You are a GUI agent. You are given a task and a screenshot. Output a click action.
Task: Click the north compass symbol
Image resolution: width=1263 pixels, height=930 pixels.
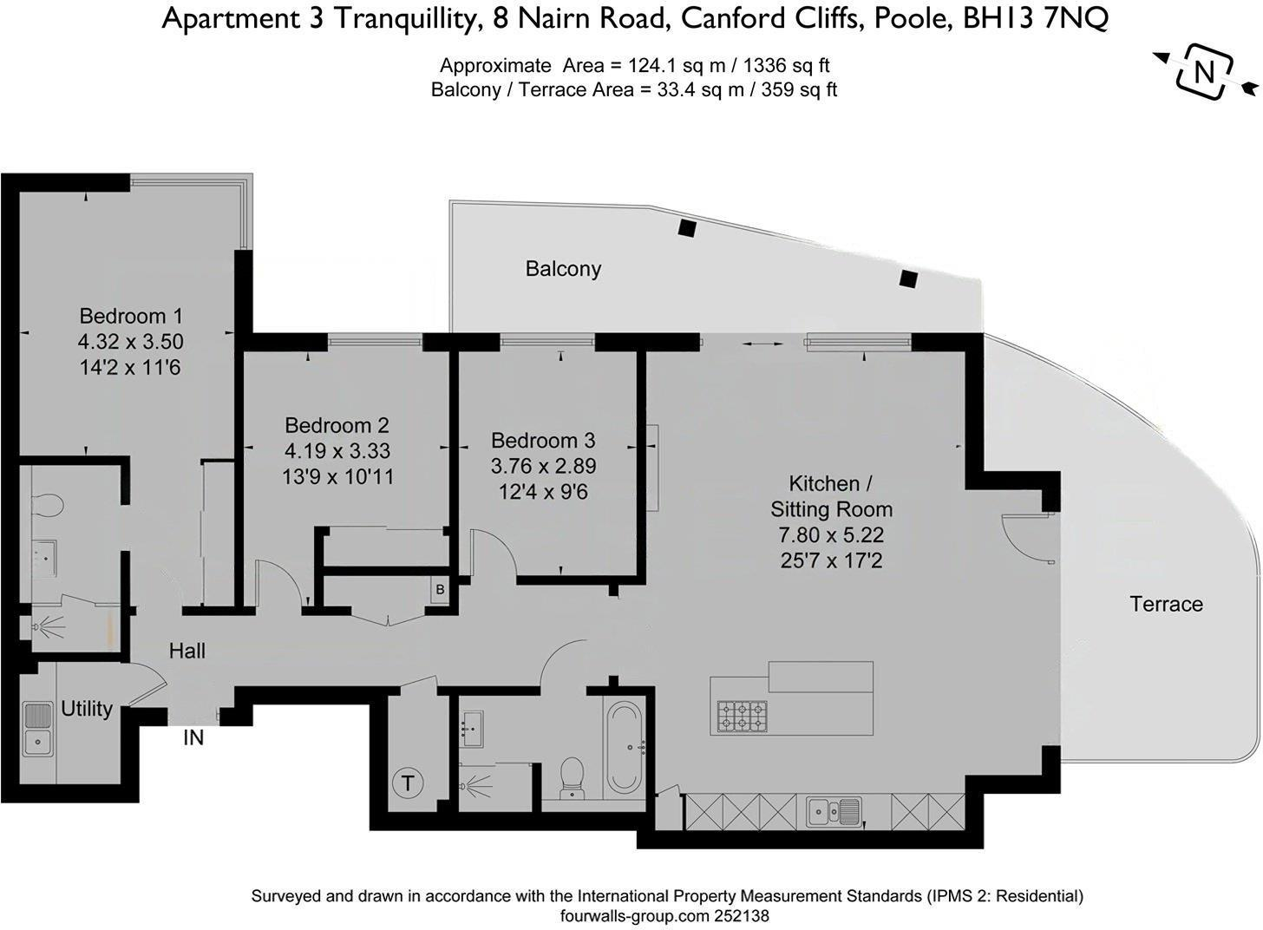pyautogui.click(x=1205, y=72)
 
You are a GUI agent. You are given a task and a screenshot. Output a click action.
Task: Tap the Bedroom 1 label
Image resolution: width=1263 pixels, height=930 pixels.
pyautogui.click(x=131, y=316)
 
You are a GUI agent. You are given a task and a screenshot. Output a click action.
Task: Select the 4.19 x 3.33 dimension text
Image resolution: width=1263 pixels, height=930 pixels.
pyautogui.click(x=337, y=451)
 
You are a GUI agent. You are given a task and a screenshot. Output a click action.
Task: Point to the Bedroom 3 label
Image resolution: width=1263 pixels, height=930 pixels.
pyautogui.click(x=543, y=441)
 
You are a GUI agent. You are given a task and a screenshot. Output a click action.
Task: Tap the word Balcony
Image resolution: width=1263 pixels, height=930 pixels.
pyautogui.click(x=563, y=269)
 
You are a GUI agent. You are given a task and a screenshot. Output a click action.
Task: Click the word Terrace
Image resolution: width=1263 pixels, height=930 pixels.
pyautogui.click(x=1166, y=604)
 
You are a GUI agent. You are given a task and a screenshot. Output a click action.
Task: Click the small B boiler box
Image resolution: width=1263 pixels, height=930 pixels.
pyautogui.click(x=441, y=590)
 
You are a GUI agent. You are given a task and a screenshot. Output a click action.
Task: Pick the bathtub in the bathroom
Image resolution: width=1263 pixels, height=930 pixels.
pyautogui.click(x=623, y=748)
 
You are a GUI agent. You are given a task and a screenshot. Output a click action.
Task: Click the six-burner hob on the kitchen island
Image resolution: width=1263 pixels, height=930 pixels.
pyautogui.click(x=742, y=716)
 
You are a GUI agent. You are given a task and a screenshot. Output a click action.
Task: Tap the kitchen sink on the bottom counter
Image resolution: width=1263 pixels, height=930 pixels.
pyautogui.click(x=834, y=812)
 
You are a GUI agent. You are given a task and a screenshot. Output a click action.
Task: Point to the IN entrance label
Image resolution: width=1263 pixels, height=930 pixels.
pyautogui.click(x=193, y=738)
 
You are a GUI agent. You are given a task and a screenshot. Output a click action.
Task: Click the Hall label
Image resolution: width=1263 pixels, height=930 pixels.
pyautogui.click(x=187, y=651)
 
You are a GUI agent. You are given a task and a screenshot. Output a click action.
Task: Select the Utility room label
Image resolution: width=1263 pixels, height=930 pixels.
pyautogui.click(x=86, y=709)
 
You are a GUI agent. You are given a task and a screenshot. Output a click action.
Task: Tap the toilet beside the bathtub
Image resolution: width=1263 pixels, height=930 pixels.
pyautogui.click(x=573, y=776)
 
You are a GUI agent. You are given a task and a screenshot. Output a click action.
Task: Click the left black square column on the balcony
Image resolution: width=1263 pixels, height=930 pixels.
pyautogui.click(x=687, y=228)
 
